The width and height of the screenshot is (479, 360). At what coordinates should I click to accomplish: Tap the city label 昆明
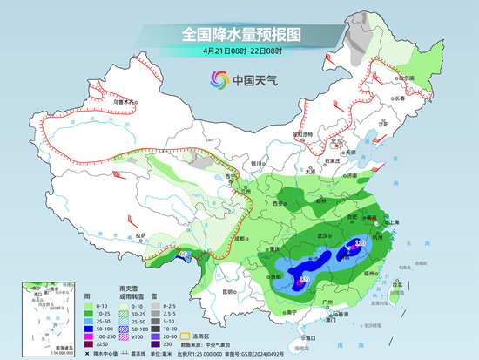228,291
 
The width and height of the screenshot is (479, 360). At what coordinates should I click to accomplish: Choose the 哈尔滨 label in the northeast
404,77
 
